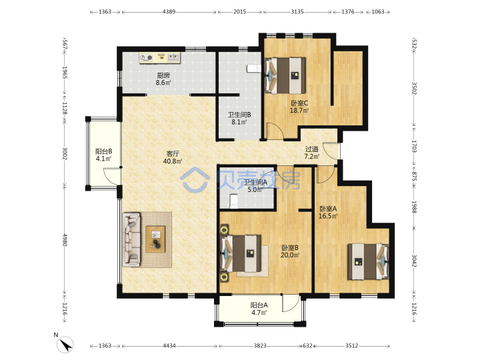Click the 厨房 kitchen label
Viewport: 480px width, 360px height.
click(x=163, y=75)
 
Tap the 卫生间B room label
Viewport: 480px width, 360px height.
click(x=239, y=115)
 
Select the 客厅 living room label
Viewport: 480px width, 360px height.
click(x=173, y=153)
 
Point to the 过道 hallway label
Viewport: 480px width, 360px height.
click(x=311, y=149)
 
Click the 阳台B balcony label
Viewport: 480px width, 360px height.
click(x=103, y=151)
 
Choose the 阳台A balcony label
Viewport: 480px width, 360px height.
click(x=259, y=305)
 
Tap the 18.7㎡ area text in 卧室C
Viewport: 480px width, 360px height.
click(x=299, y=111)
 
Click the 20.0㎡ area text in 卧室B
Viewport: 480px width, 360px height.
click(x=290, y=255)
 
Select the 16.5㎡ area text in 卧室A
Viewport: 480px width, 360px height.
click(x=328, y=216)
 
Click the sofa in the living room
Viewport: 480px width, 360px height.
click(x=132, y=239)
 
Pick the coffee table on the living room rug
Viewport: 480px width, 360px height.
click(x=155, y=239)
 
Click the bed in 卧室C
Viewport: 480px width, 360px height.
click(x=285, y=75)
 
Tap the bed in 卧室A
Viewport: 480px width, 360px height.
click(x=368, y=261)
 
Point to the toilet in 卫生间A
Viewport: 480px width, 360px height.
click(x=234, y=201)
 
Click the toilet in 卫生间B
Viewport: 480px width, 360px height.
click(x=254, y=69)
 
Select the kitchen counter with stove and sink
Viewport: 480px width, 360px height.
click(x=160, y=58)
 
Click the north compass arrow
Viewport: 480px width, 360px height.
click(x=65, y=344)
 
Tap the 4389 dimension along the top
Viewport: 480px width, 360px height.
click(x=169, y=11)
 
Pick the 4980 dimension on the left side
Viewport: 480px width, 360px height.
click(x=65, y=240)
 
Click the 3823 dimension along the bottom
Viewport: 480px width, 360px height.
click(x=260, y=345)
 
